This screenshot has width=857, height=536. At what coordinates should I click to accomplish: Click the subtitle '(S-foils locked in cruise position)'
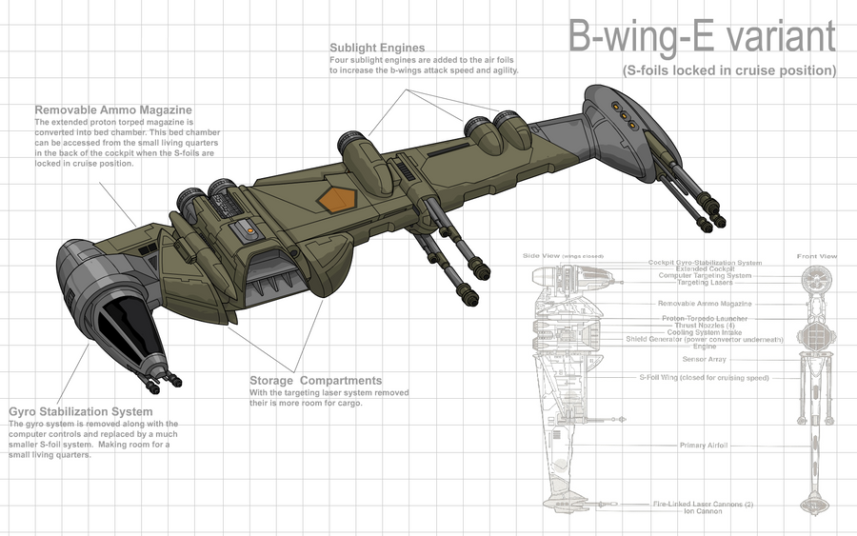click(728, 70)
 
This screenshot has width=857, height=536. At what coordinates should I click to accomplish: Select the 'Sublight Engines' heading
click(377, 48)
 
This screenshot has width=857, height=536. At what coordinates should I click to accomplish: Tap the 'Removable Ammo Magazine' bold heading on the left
click(113, 109)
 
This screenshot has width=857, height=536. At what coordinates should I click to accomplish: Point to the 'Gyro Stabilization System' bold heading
click(93, 412)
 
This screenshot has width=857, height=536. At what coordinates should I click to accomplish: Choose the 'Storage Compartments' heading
click(315, 381)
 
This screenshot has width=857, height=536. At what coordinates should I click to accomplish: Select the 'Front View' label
click(817, 256)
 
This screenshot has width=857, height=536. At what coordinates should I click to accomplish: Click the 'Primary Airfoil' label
click(706, 445)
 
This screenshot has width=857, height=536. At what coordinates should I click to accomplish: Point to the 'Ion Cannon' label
click(703, 511)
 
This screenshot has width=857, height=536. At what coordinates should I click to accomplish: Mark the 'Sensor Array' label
click(705, 359)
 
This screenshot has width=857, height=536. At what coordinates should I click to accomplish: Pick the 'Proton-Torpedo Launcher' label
click(705, 318)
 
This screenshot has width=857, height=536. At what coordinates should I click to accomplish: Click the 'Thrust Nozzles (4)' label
click(705, 326)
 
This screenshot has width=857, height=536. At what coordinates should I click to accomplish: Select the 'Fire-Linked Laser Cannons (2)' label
click(703, 504)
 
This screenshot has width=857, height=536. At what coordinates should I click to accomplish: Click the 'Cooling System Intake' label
click(705, 332)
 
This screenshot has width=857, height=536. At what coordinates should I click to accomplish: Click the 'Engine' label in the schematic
click(705, 347)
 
